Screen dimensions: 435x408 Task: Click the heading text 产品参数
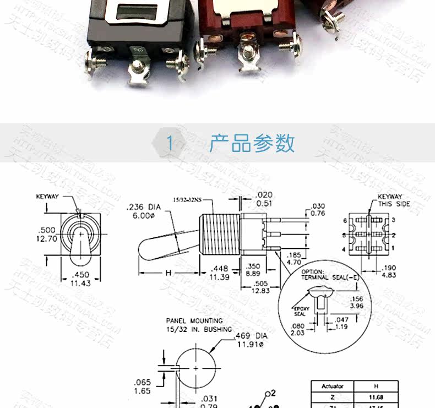coord(252,143)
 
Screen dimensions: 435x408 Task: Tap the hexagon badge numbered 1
coord(170,144)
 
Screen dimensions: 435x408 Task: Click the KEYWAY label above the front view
coord(47,197)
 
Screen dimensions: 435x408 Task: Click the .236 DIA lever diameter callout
coord(143,211)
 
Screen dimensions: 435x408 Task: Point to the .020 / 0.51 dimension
coord(264,199)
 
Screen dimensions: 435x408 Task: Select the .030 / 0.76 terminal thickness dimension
coord(317,210)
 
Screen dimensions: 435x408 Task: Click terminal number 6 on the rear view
coord(345,220)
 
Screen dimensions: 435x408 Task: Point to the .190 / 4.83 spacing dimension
coord(389,271)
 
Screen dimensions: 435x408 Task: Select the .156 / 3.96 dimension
coord(357,302)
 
